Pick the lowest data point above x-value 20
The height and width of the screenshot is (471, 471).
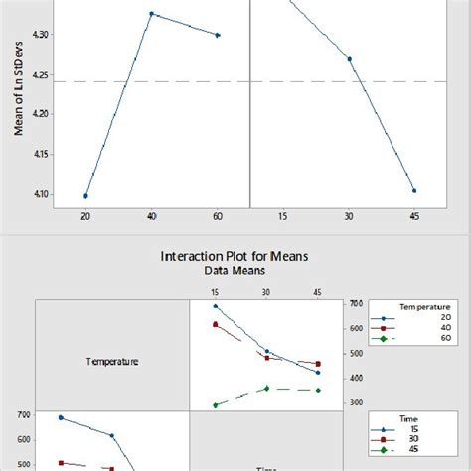click(85, 196)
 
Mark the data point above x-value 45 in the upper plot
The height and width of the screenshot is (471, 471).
click(414, 190)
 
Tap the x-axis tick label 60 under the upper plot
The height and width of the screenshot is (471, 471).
click(218, 217)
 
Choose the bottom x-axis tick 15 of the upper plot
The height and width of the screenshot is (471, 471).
click(283, 217)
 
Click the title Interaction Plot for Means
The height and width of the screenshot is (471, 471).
click(235, 256)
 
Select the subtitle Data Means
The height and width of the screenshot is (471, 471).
click(235, 270)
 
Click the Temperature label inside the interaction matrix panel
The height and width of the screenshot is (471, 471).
click(111, 362)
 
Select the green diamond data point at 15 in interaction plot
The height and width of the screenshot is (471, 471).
click(216, 405)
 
